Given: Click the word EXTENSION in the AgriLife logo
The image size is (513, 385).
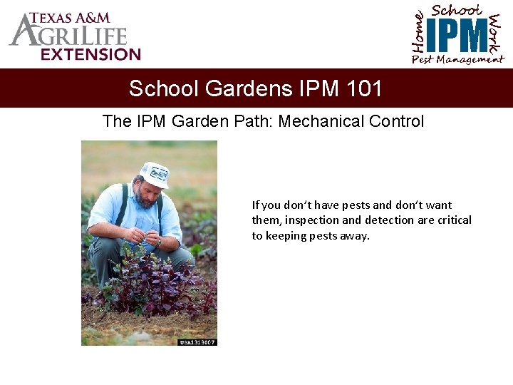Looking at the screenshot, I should tap(90, 54).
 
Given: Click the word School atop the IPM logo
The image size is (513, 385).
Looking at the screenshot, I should tap(457, 10).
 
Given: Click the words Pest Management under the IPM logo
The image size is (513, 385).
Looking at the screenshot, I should tap(457, 60).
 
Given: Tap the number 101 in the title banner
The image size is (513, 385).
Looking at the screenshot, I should tap(364, 88).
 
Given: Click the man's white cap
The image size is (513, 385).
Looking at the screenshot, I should tap(155, 173).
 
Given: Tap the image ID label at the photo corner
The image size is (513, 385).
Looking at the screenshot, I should tap(197, 342).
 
